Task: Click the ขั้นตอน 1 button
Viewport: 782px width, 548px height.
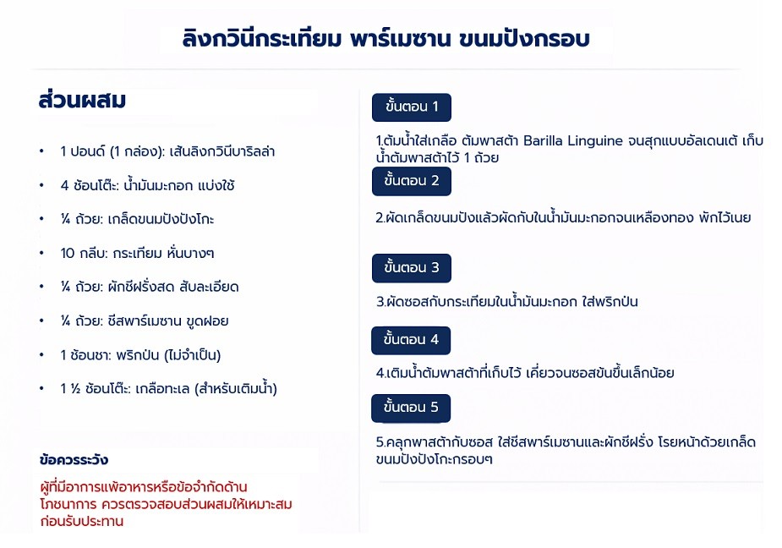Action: (412, 107)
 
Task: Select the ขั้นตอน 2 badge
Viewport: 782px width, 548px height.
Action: (412, 181)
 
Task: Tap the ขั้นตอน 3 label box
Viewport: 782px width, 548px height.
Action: (412, 268)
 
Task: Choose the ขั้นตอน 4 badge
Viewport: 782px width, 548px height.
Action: (411, 340)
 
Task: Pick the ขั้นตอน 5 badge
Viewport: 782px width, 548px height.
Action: (411, 408)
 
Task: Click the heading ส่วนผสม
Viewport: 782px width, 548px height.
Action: (82, 100)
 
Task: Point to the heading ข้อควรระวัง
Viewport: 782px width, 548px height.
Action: (74, 460)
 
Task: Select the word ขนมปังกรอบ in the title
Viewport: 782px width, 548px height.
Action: (524, 38)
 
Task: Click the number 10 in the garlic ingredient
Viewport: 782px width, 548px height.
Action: (68, 254)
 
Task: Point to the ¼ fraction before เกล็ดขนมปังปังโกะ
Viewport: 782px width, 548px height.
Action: (65, 219)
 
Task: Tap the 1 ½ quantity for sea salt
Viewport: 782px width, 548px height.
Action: (70, 389)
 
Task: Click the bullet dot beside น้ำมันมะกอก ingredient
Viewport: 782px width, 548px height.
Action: (42, 186)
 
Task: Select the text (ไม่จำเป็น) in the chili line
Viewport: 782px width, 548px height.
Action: (192, 355)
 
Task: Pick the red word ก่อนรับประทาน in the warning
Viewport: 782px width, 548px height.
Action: (82, 521)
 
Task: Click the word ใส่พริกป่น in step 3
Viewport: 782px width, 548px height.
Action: (610, 301)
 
